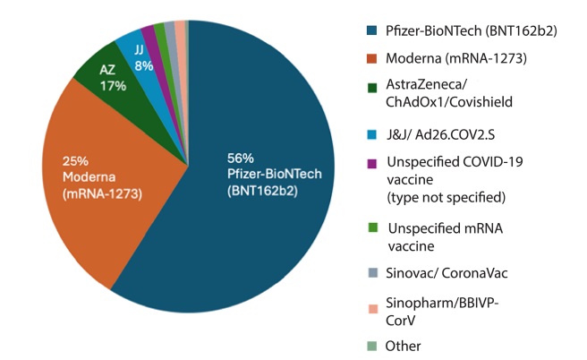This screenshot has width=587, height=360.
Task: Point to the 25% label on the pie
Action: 75,160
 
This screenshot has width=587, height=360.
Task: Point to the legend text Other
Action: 404,346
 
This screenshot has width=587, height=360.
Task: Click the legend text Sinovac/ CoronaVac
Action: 444,272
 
